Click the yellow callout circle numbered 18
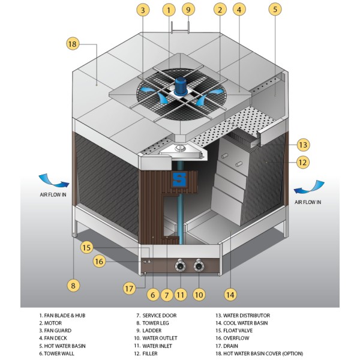(73, 44)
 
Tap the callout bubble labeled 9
(188, 10)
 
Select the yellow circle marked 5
(275, 9)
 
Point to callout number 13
(303, 145)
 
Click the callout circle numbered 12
(302, 163)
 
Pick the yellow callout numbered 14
(230, 295)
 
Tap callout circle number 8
(73, 286)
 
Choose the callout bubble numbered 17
(129, 289)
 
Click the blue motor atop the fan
(181, 86)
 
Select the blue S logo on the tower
(179, 179)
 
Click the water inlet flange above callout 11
(180, 266)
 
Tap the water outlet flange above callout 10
(199, 266)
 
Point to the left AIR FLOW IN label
(53, 194)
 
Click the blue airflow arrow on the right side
(309, 187)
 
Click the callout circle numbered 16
(99, 261)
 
